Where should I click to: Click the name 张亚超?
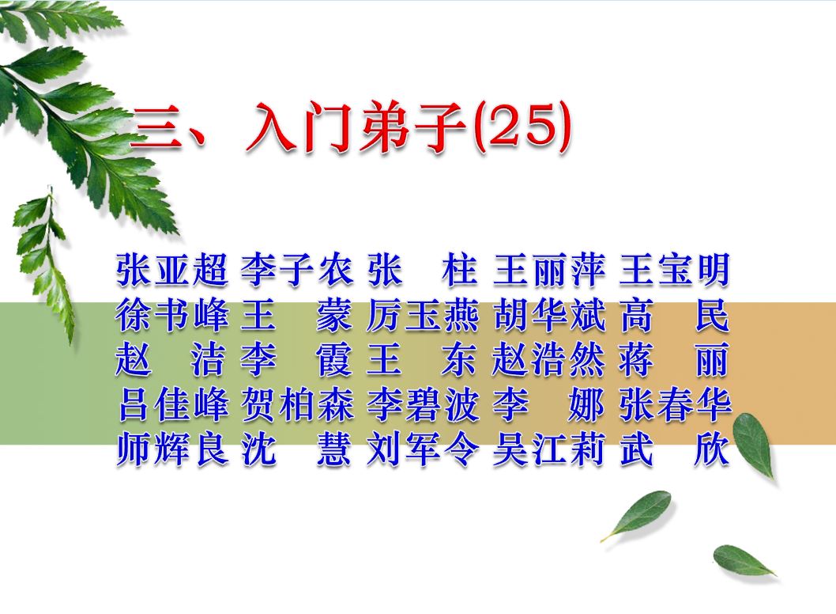[172, 269]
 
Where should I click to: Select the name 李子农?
[296, 269]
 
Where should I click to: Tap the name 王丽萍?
[549, 269]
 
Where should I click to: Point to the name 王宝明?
[675, 269]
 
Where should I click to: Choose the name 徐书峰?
[172, 314]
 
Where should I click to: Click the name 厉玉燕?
[423, 314]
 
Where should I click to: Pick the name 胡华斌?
[549, 314]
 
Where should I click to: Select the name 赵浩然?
[549, 359]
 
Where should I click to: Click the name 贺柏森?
[297, 404]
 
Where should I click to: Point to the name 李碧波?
[423, 404]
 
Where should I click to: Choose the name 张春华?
[675, 404]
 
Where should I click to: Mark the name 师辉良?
[172, 449]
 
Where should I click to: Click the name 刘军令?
[423, 449]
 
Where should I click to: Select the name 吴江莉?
[549, 449]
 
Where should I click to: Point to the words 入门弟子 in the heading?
[356, 128]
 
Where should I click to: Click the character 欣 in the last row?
[711, 449]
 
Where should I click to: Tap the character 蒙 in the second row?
[334, 314]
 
